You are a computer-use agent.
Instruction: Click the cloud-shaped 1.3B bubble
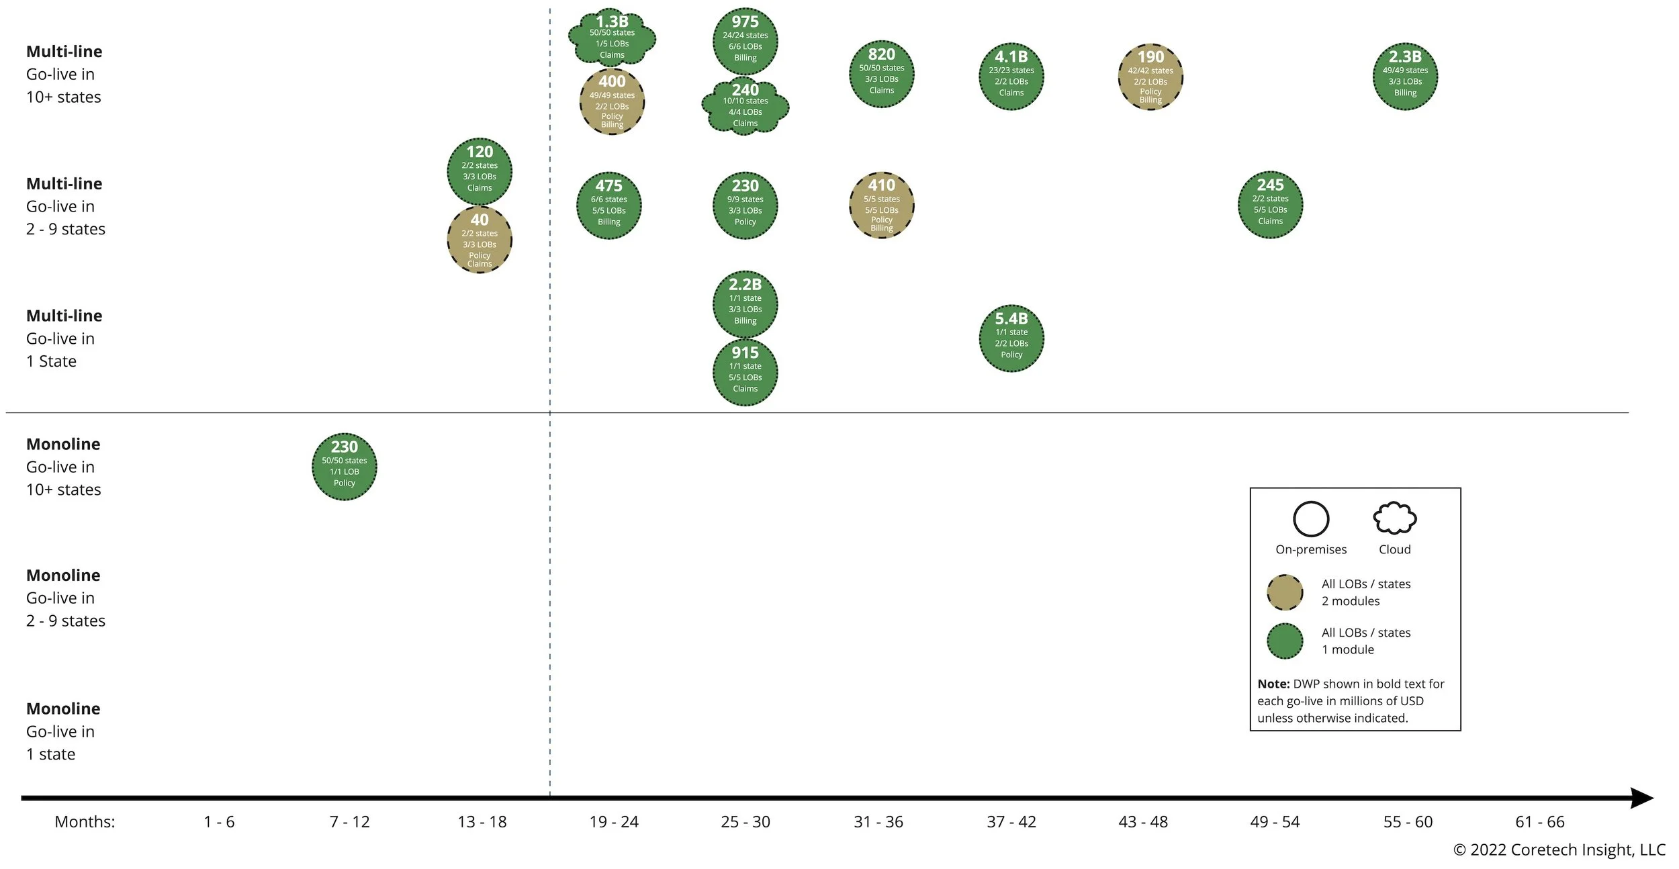(x=612, y=38)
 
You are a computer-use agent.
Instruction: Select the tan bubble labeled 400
(x=612, y=102)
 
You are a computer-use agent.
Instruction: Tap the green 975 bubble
(x=745, y=42)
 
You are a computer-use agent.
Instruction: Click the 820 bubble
(x=881, y=74)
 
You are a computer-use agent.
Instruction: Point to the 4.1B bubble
(x=1011, y=77)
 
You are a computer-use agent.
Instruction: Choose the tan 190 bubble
(x=1150, y=77)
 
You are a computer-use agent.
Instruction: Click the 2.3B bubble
(x=1405, y=77)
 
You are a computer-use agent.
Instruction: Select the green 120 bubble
(x=480, y=172)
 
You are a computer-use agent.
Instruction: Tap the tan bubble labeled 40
(x=480, y=240)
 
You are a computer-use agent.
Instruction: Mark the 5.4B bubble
(x=1011, y=338)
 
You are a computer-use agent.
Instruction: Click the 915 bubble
(x=745, y=373)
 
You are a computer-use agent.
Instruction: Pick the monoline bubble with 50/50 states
(x=344, y=467)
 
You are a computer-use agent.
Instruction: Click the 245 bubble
(x=1270, y=205)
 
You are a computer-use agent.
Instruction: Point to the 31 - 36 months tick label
(x=878, y=821)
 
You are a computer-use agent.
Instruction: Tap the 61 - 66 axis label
(x=1539, y=821)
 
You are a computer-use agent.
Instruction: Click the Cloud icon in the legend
(x=1394, y=518)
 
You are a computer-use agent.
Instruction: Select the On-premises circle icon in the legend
(x=1310, y=519)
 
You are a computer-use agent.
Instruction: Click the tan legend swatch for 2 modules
(x=1284, y=592)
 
